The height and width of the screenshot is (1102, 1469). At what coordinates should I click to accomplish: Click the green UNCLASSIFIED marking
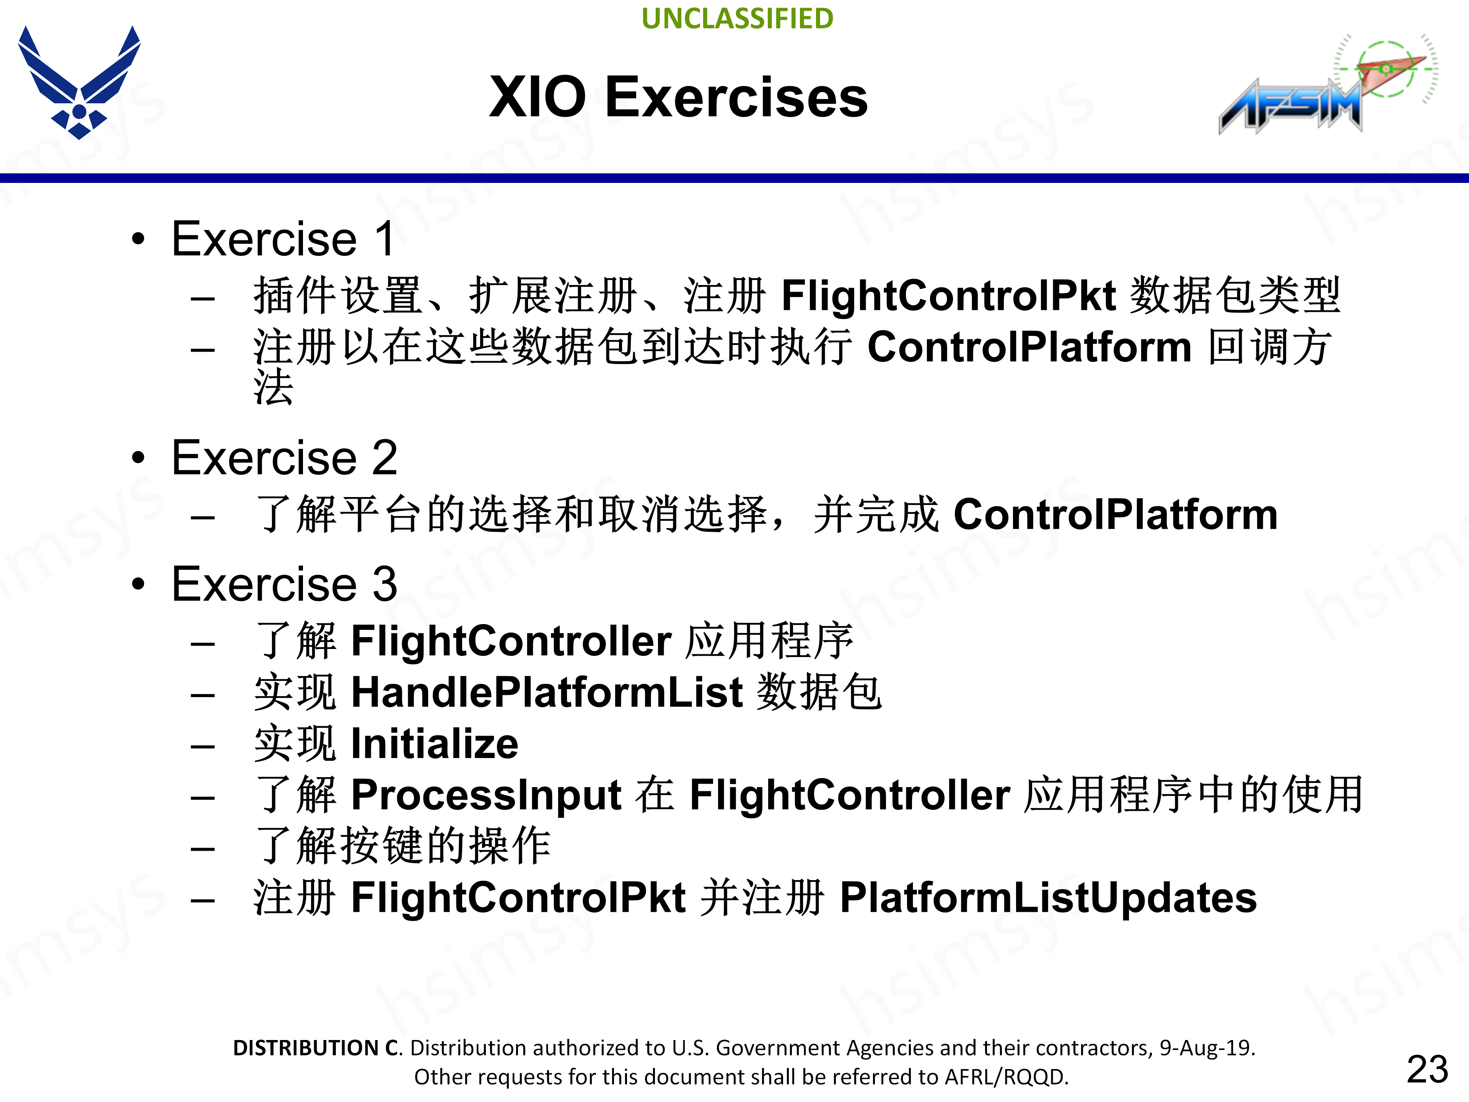(737, 19)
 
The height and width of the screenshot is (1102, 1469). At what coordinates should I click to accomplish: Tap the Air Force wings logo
(79, 81)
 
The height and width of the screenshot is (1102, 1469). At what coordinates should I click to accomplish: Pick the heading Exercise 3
(284, 584)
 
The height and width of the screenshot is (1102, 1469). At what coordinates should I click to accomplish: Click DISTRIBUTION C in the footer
(317, 1048)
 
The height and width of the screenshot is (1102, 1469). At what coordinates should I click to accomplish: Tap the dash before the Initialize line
(202, 746)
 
